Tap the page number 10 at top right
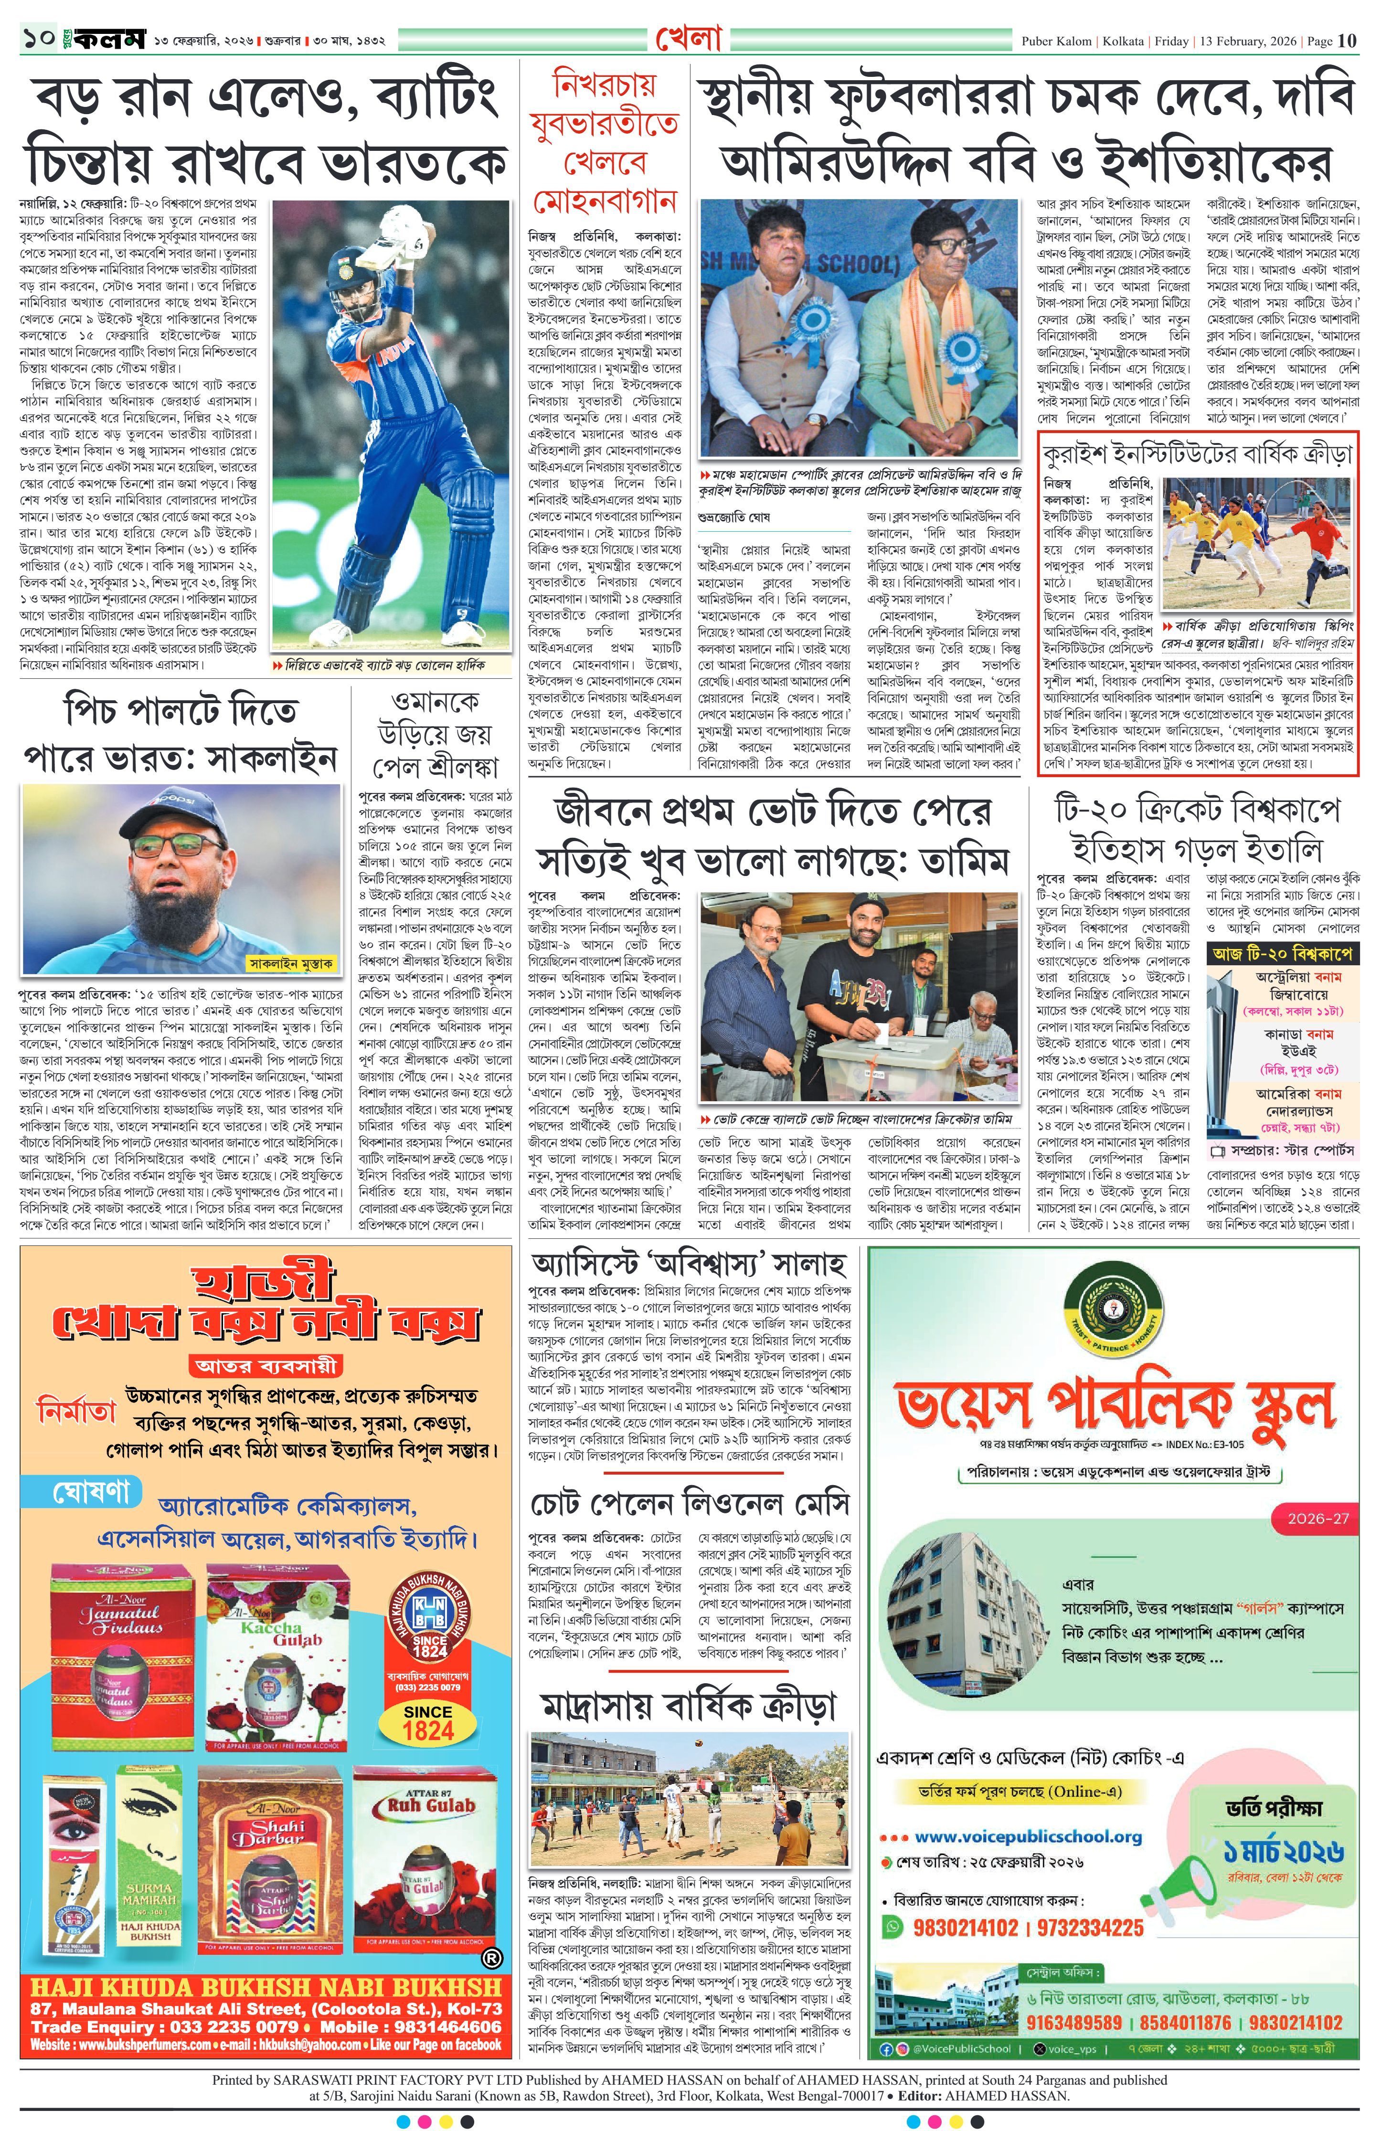[x=1347, y=40]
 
